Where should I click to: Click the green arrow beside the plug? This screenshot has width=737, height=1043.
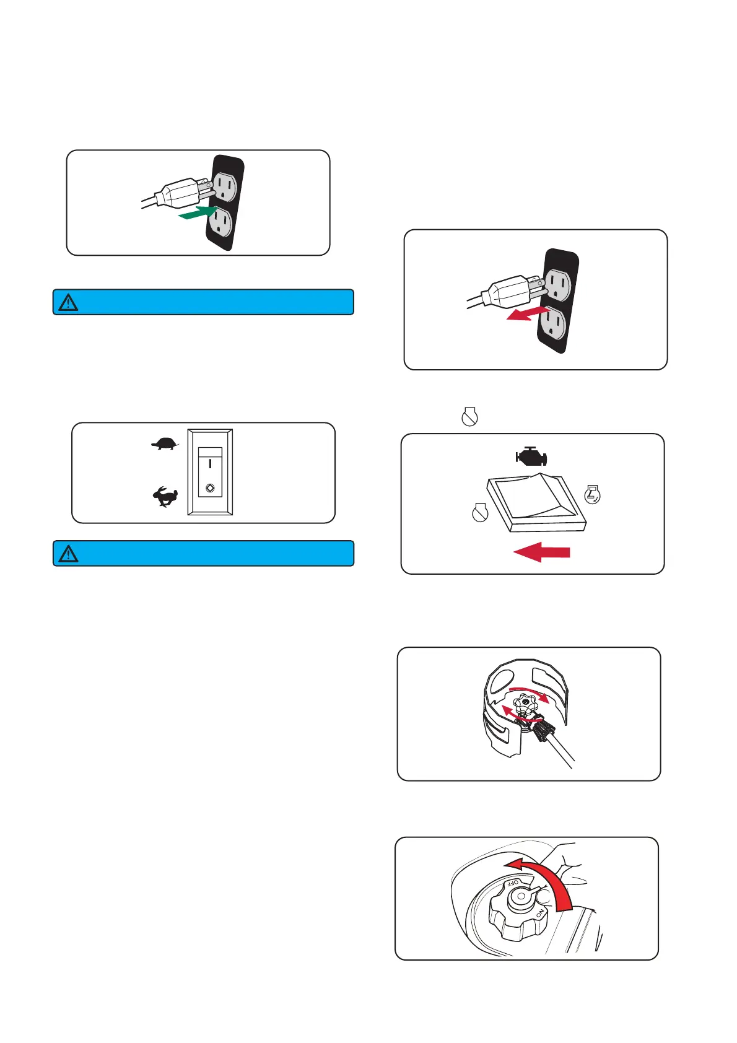point(198,214)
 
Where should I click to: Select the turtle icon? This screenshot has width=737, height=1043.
point(165,443)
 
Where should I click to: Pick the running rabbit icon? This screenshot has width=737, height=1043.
point(165,497)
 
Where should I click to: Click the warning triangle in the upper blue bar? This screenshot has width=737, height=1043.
point(68,302)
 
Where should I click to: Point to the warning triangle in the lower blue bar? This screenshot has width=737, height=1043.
point(68,554)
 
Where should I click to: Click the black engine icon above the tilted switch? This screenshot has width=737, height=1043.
point(531,457)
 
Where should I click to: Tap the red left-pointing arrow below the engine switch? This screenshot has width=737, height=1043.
point(542,551)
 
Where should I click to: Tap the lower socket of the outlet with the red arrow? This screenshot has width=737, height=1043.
point(555,326)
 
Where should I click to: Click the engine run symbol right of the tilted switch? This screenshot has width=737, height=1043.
point(593,494)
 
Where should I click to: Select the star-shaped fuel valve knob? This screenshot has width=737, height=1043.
point(525,704)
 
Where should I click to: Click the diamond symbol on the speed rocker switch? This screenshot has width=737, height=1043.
point(210,487)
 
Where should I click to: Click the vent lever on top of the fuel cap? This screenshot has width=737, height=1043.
point(522,894)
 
